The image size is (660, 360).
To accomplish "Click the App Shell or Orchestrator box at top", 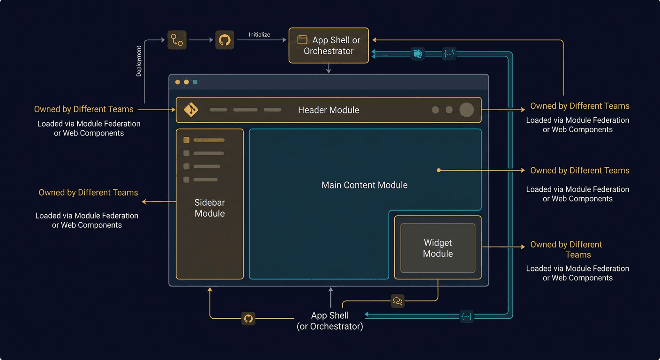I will click(329, 45).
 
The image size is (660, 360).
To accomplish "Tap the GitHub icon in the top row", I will click(225, 40).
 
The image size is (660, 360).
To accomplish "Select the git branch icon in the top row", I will click(177, 40).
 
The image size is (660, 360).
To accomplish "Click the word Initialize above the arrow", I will click(259, 35).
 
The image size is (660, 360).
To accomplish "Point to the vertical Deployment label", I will click(139, 61).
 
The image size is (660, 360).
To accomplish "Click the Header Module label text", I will click(329, 110).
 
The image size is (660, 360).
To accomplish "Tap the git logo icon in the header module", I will click(191, 110).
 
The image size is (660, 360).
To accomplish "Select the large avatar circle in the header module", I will click(466, 110).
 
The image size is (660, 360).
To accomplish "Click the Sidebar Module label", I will click(210, 208).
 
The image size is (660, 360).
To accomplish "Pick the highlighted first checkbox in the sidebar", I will click(186, 140).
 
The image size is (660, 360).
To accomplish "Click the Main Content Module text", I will click(364, 185).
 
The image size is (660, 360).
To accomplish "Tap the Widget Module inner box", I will click(438, 248).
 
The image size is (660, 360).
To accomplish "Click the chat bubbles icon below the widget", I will click(397, 301).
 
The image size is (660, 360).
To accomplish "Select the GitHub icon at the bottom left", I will click(248, 319).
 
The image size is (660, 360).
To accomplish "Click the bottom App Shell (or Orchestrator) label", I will click(330, 321).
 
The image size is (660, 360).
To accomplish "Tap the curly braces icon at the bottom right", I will click(466, 316).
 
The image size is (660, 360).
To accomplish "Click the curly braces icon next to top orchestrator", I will click(449, 54).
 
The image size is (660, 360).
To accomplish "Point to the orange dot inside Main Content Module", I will click(439, 171).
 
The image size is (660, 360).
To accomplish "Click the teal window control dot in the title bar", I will click(195, 82).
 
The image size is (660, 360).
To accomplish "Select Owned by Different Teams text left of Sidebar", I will click(88, 193).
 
